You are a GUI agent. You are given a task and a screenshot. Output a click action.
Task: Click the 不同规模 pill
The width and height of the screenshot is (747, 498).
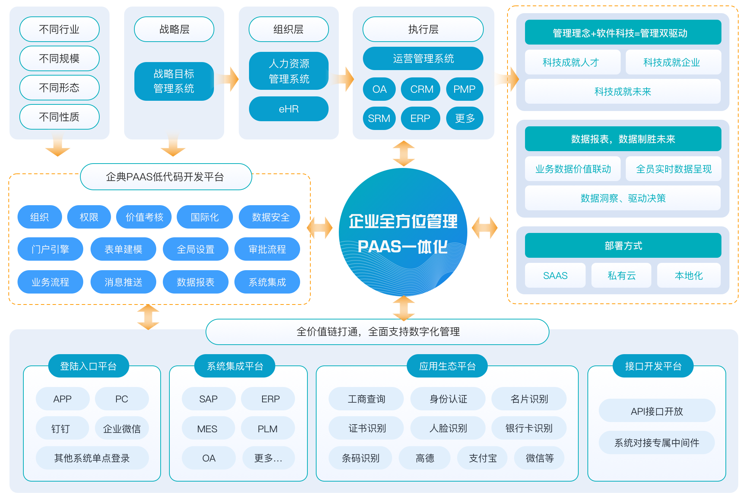(x=59, y=58)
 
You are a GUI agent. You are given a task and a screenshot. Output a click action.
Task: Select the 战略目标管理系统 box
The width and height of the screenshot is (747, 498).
(x=174, y=81)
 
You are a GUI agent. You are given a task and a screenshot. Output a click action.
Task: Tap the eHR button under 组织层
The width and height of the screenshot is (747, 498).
(x=288, y=109)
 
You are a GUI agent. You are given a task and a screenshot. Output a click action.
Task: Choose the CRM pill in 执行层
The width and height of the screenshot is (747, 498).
(x=421, y=89)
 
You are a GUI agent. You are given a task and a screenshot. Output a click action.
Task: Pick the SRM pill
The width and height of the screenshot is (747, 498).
(x=379, y=118)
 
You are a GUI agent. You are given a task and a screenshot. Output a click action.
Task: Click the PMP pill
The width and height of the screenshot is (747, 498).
(x=464, y=89)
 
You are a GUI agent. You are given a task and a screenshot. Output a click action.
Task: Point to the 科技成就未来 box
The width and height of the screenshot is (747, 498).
(x=622, y=92)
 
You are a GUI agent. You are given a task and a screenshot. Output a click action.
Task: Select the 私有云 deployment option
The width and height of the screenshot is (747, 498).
(x=621, y=276)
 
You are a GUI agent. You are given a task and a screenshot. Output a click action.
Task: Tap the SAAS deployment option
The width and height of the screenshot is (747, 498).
(x=555, y=276)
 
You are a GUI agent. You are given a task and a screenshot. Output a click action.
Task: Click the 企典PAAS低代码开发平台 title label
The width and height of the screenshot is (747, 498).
(x=165, y=177)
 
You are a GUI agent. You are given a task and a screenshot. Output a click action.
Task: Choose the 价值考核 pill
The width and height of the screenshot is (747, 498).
(x=144, y=217)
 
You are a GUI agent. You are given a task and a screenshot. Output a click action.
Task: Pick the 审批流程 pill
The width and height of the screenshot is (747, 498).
(x=267, y=249)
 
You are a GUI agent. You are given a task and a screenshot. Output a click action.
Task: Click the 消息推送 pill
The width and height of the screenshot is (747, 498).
(x=123, y=282)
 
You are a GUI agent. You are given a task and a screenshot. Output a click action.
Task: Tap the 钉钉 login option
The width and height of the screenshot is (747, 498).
(x=61, y=429)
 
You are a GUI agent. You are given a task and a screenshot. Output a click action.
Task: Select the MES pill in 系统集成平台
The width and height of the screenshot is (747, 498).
(x=207, y=429)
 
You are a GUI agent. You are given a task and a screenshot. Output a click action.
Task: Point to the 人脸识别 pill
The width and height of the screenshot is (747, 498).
(x=448, y=428)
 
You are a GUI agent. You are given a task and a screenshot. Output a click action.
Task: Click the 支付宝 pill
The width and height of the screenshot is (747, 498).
(x=483, y=458)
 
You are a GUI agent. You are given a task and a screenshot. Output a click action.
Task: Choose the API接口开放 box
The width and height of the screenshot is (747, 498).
(x=656, y=411)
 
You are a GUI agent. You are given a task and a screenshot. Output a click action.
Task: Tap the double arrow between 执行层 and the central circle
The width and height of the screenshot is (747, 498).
(x=404, y=153)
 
